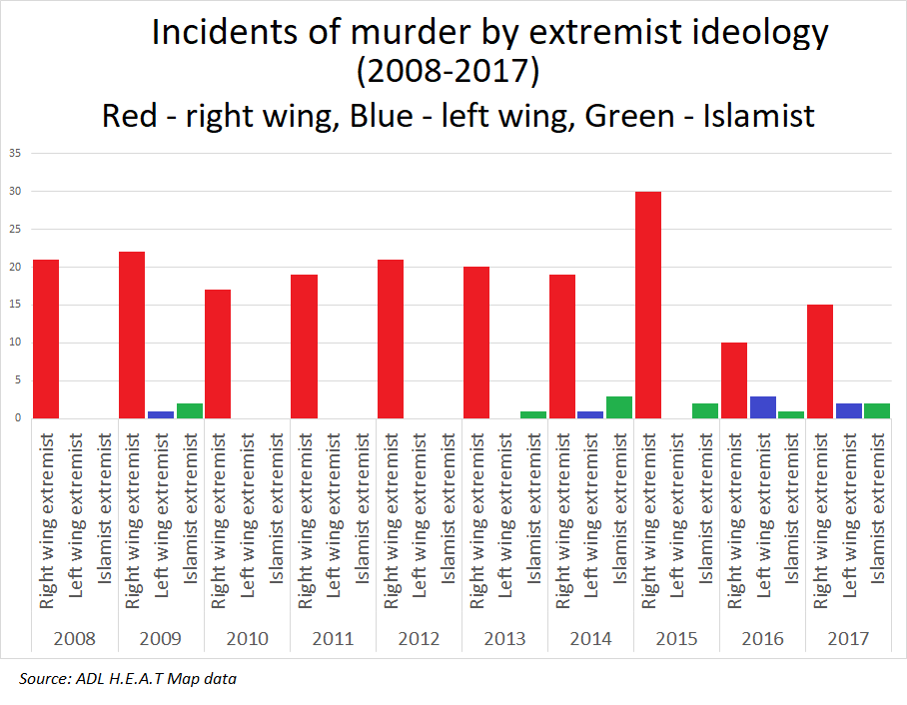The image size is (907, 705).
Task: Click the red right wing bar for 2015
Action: tap(648, 305)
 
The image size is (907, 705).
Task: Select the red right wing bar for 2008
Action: tap(46, 339)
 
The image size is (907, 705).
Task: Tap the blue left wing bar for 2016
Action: tap(763, 407)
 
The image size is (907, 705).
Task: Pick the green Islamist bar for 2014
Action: tap(619, 407)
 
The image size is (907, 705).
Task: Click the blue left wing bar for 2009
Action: tap(161, 414)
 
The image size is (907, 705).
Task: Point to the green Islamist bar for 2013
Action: tap(533, 414)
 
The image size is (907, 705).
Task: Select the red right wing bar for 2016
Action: tap(734, 380)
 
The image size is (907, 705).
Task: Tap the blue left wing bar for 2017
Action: tap(849, 410)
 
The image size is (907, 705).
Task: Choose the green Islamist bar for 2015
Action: tap(705, 410)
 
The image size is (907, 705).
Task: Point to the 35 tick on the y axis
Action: tap(15, 153)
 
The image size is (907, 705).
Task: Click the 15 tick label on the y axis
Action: tap(15, 305)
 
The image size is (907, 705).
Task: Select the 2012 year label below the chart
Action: tap(419, 639)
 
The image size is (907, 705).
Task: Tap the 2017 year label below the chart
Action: tap(849, 639)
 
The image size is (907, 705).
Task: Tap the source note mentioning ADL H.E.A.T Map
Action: tap(128, 680)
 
